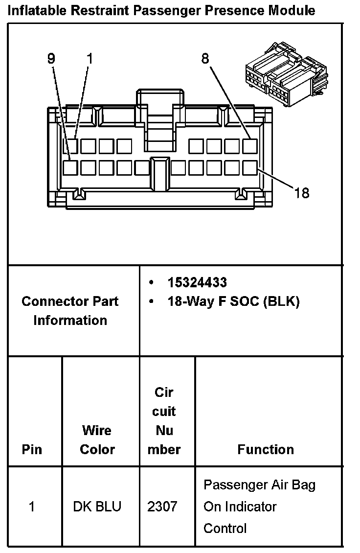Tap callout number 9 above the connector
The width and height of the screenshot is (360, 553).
[51, 59]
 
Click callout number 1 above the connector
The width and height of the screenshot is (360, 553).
[89, 59]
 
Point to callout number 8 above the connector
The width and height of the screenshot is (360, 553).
[205, 59]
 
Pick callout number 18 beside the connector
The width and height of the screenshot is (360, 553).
[302, 193]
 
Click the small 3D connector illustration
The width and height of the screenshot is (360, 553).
[286, 81]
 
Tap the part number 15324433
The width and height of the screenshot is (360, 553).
[197, 282]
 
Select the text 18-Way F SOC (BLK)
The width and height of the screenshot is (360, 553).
[233, 301]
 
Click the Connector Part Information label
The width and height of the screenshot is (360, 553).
[70, 311]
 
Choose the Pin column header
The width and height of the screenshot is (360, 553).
[32, 449]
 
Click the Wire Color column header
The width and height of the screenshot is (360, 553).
[97, 440]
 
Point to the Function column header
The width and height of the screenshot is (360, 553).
[266, 449]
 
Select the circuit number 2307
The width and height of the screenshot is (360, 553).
[162, 507]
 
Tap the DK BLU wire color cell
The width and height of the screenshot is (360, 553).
[96, 507]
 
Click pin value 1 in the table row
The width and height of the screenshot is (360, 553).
[32, 507]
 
